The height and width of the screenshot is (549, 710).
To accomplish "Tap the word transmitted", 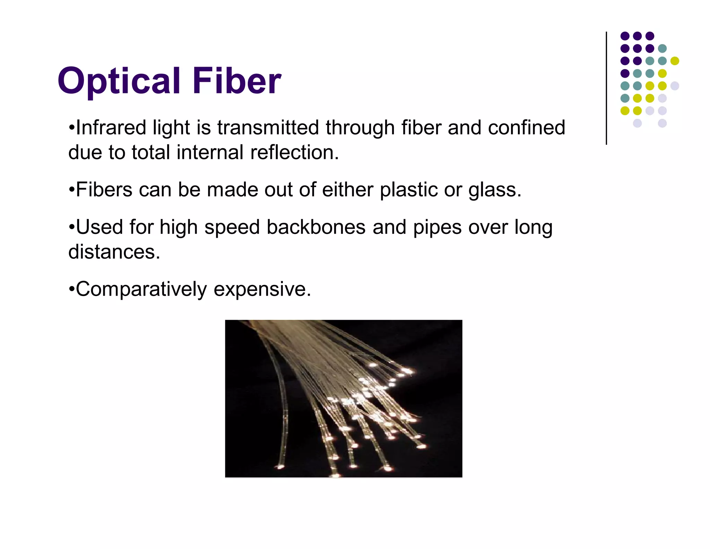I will pos(268,127).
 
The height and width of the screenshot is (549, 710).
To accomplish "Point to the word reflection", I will pos(294,152).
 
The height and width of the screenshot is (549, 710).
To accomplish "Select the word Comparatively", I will pos(141,289).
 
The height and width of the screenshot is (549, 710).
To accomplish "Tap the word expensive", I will pos(262,289).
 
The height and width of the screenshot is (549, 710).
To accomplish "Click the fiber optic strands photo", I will pos(344,398).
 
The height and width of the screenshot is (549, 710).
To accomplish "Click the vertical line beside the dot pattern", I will pos(606,88).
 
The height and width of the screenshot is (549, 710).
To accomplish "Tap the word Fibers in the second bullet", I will pos(104,190).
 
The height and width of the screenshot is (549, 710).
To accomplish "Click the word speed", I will pos(232,227).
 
